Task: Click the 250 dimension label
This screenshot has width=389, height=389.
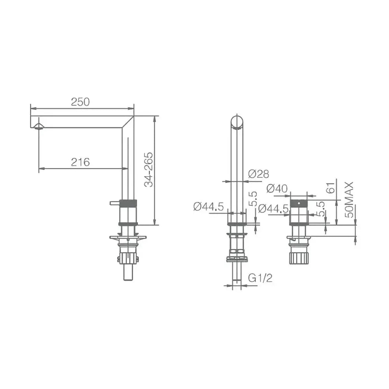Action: (x=80, y=102)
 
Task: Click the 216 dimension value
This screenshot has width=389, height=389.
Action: (x=80, y=162)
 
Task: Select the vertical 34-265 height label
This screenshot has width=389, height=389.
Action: (x=149, y=170)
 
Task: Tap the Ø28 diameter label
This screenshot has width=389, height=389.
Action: (x=258, y=174)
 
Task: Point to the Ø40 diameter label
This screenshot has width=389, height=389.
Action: (x=277, y=189)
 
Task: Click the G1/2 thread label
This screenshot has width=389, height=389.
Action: (x=260, y=278)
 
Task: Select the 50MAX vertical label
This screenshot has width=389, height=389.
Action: (x=349, y=200)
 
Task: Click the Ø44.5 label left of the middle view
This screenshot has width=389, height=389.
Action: (x=209, y=207)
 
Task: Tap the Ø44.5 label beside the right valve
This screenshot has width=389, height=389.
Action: (x=273, y=209)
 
